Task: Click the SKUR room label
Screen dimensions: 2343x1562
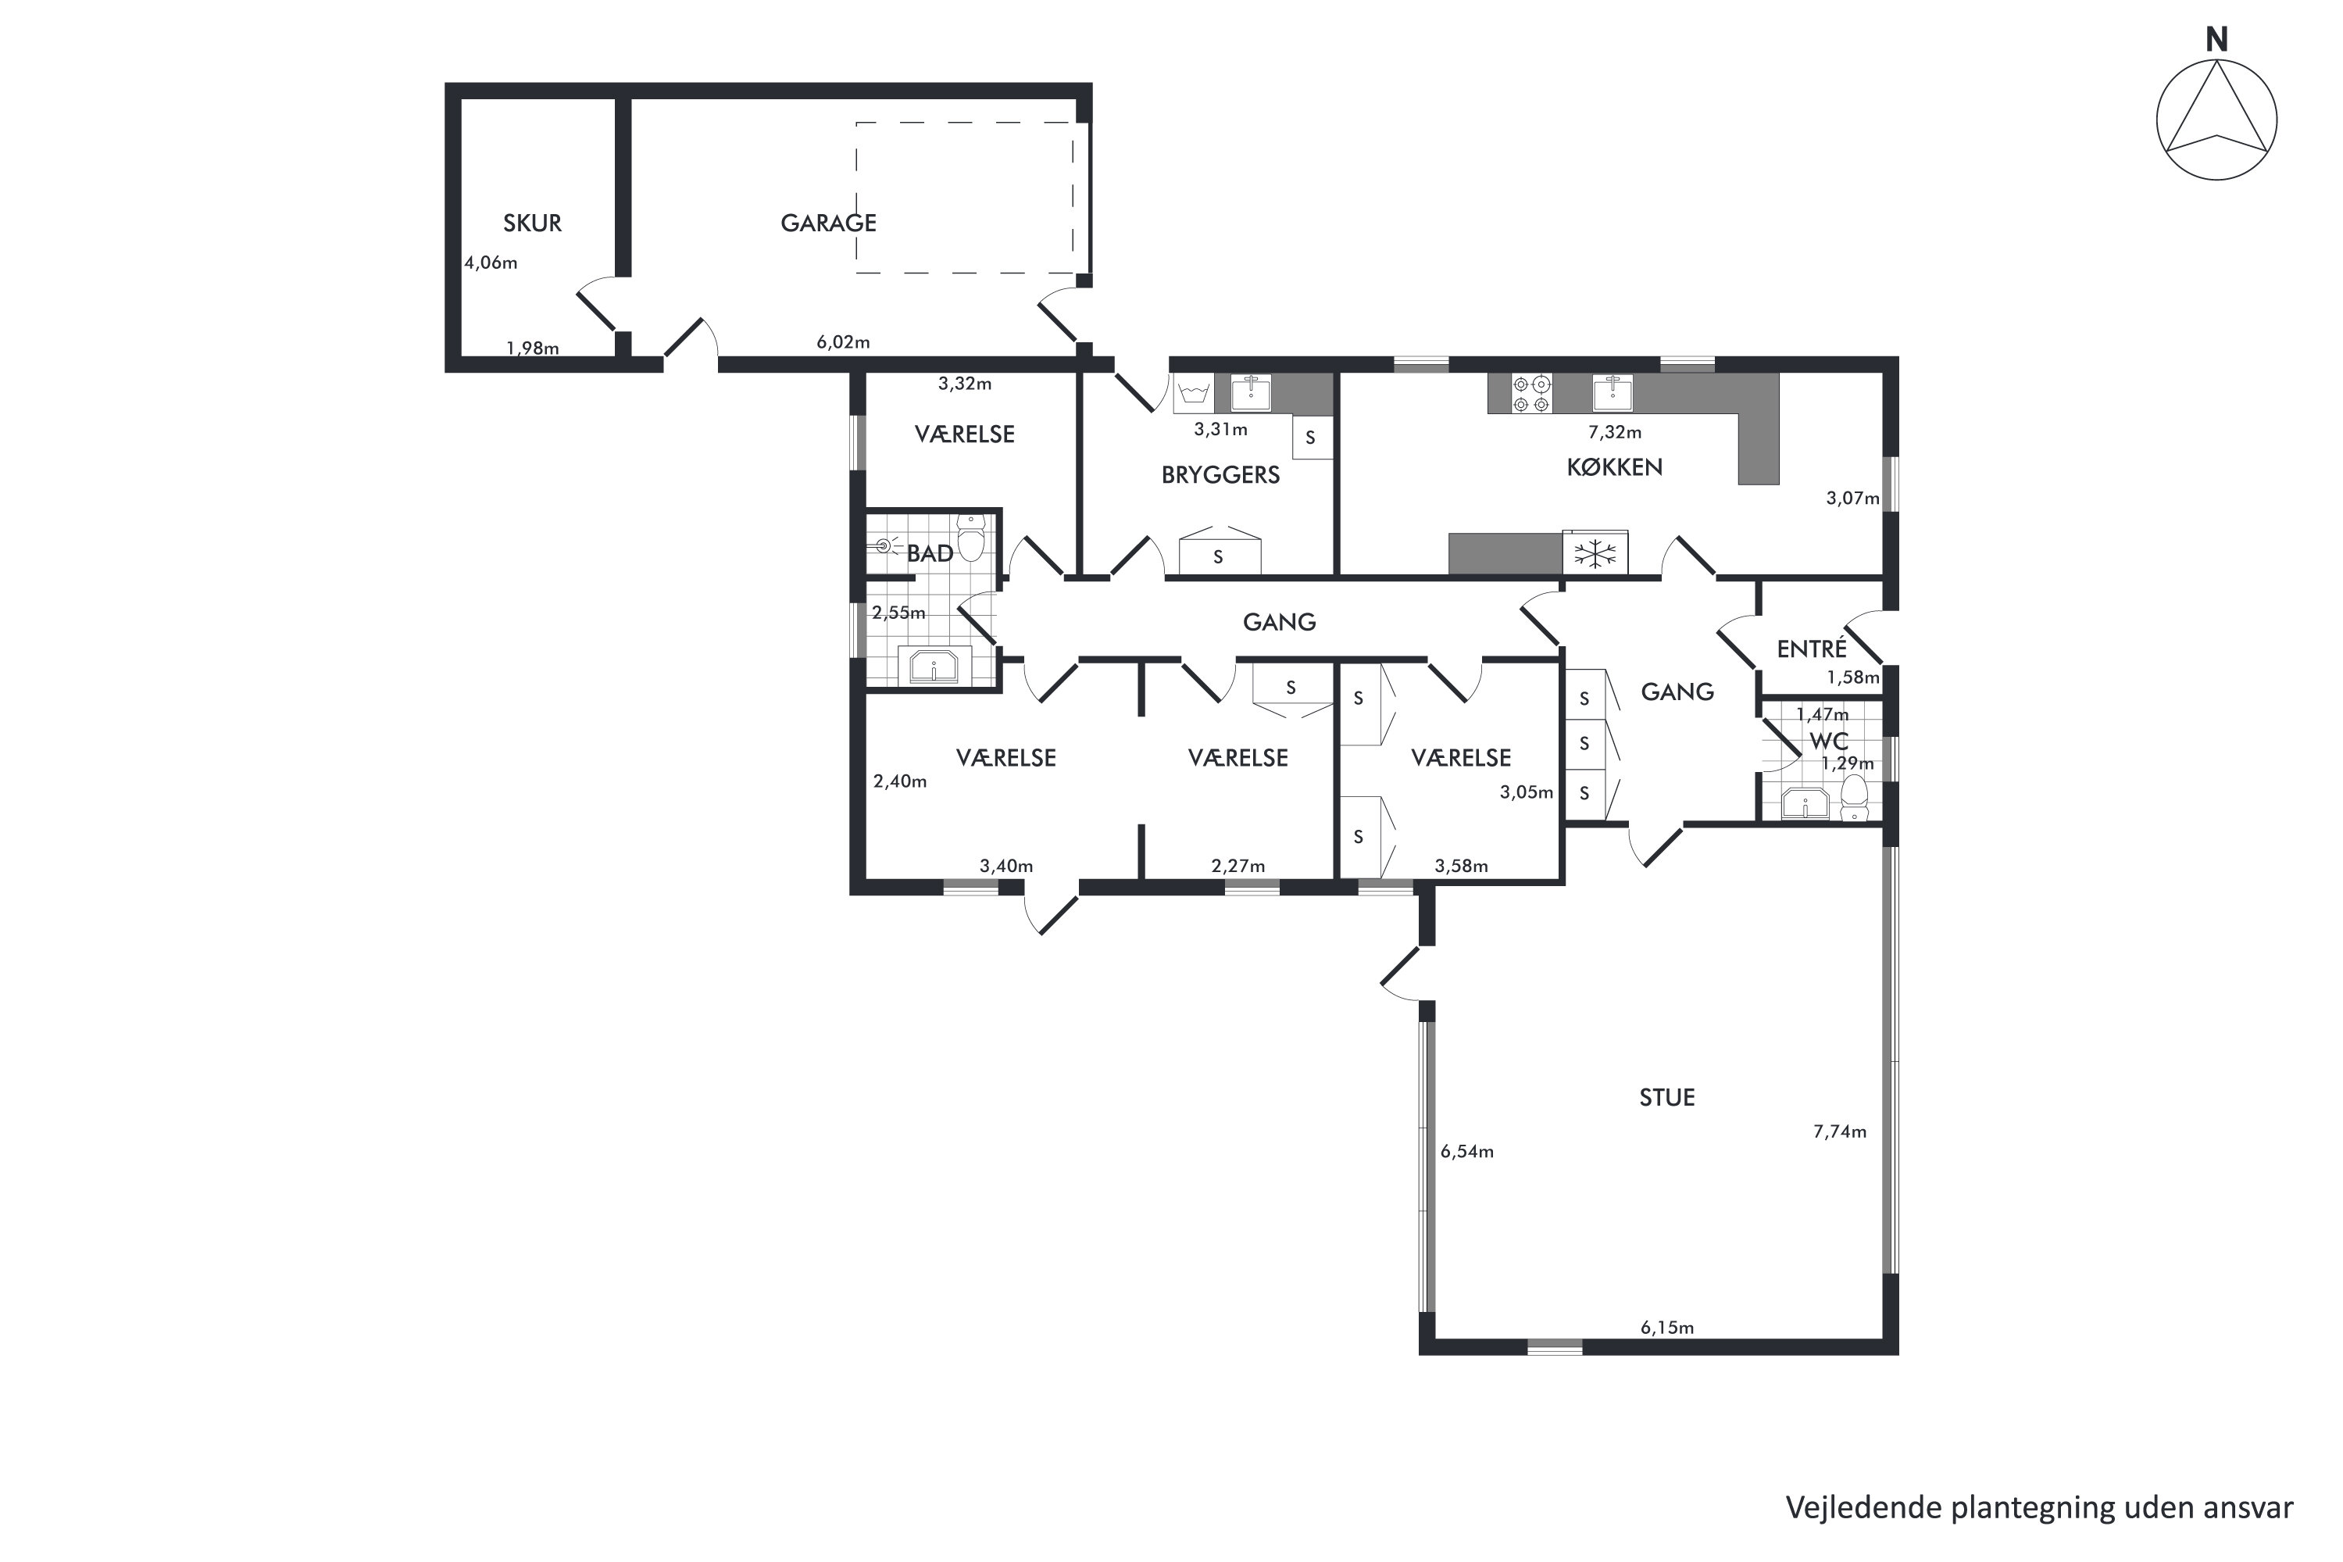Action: point(532,223)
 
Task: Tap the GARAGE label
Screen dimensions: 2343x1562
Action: point(828,223)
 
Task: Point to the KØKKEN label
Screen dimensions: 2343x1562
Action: point(1614,467)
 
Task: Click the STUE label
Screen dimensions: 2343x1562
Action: point(1667,1098)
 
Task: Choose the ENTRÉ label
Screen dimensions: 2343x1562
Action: point(1811,649)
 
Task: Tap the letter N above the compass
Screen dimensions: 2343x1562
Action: point(2216,40)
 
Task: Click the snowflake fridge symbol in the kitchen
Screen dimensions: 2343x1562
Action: point(1595,554)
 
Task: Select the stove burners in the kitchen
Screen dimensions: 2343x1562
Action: point(1531,394)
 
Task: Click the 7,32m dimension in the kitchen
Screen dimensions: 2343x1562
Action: point(1614,432)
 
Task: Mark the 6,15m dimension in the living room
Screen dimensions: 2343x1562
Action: point(1667,1328)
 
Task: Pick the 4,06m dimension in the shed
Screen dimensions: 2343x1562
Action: point(491,263)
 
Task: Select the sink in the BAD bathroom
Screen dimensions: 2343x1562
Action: point(934,666)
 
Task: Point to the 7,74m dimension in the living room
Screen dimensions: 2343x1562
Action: point(1839,1131)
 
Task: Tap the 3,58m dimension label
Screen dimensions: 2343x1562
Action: point(1461,867)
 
